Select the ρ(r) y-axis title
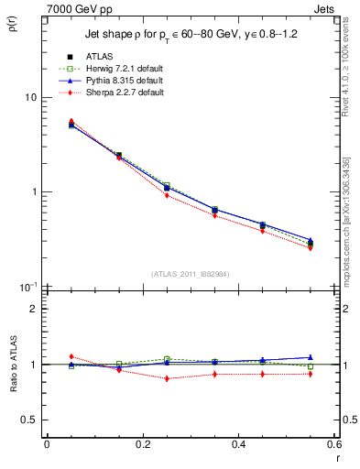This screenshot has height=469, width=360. (16, 37)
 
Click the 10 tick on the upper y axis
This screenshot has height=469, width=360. (29, 97)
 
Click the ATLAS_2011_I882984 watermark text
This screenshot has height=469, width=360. (190, 274)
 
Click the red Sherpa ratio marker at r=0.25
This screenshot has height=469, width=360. (167, 378)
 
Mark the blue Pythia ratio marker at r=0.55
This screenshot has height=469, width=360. (311, 357)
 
